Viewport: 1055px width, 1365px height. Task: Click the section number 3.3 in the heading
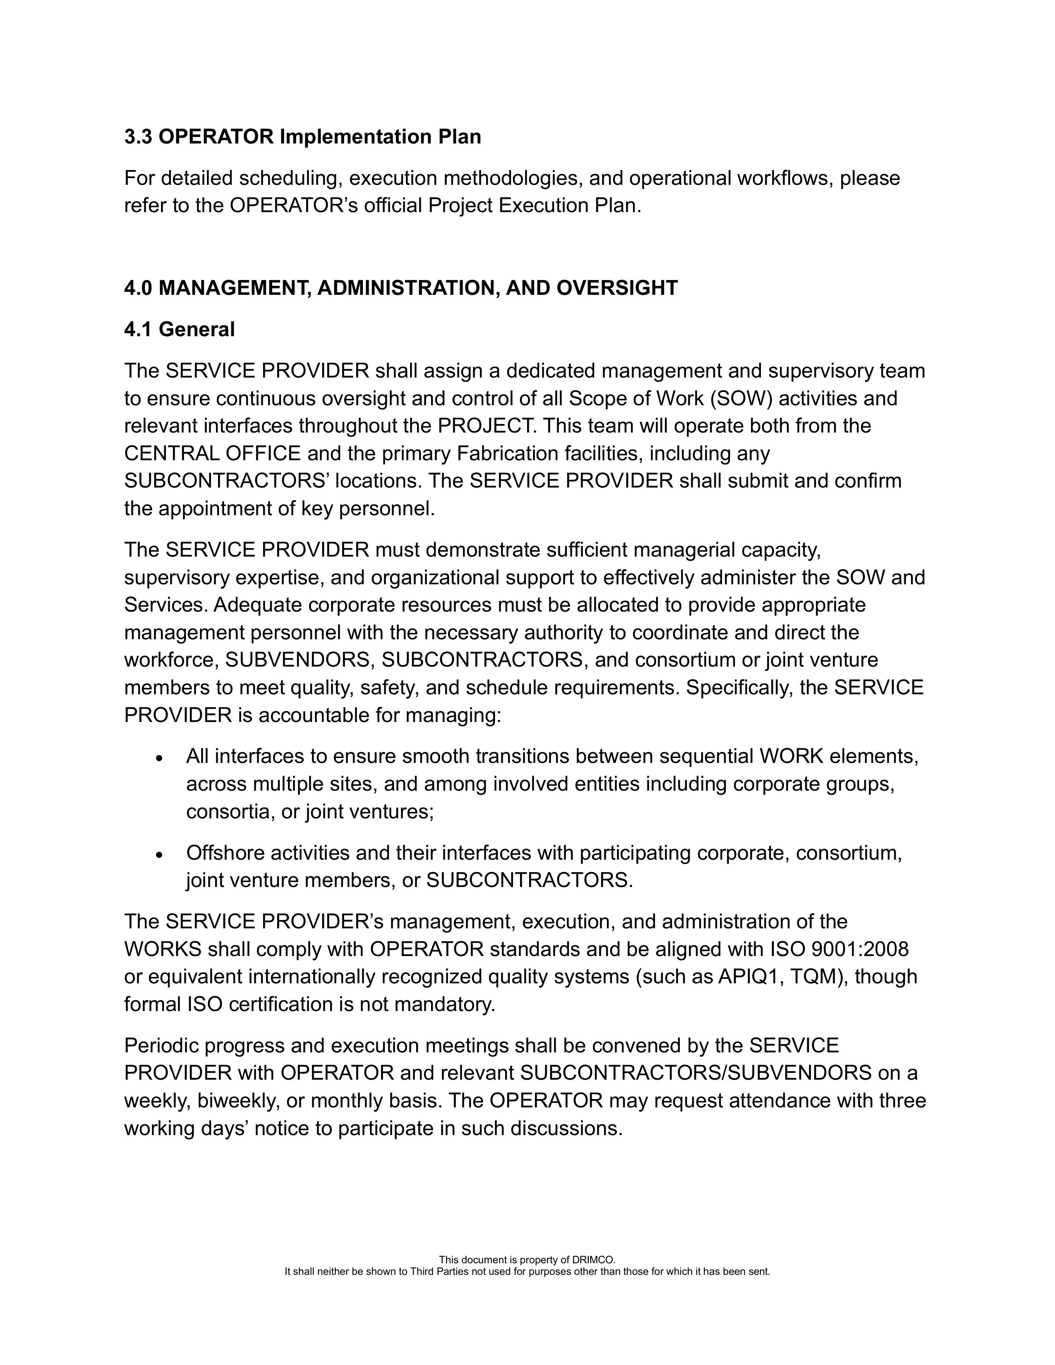138,137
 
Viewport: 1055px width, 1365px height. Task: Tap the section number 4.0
138,288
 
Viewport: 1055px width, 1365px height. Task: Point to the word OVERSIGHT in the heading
616,288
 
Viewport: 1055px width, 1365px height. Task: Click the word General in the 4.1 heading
197,330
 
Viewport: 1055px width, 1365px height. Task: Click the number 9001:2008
859,949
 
